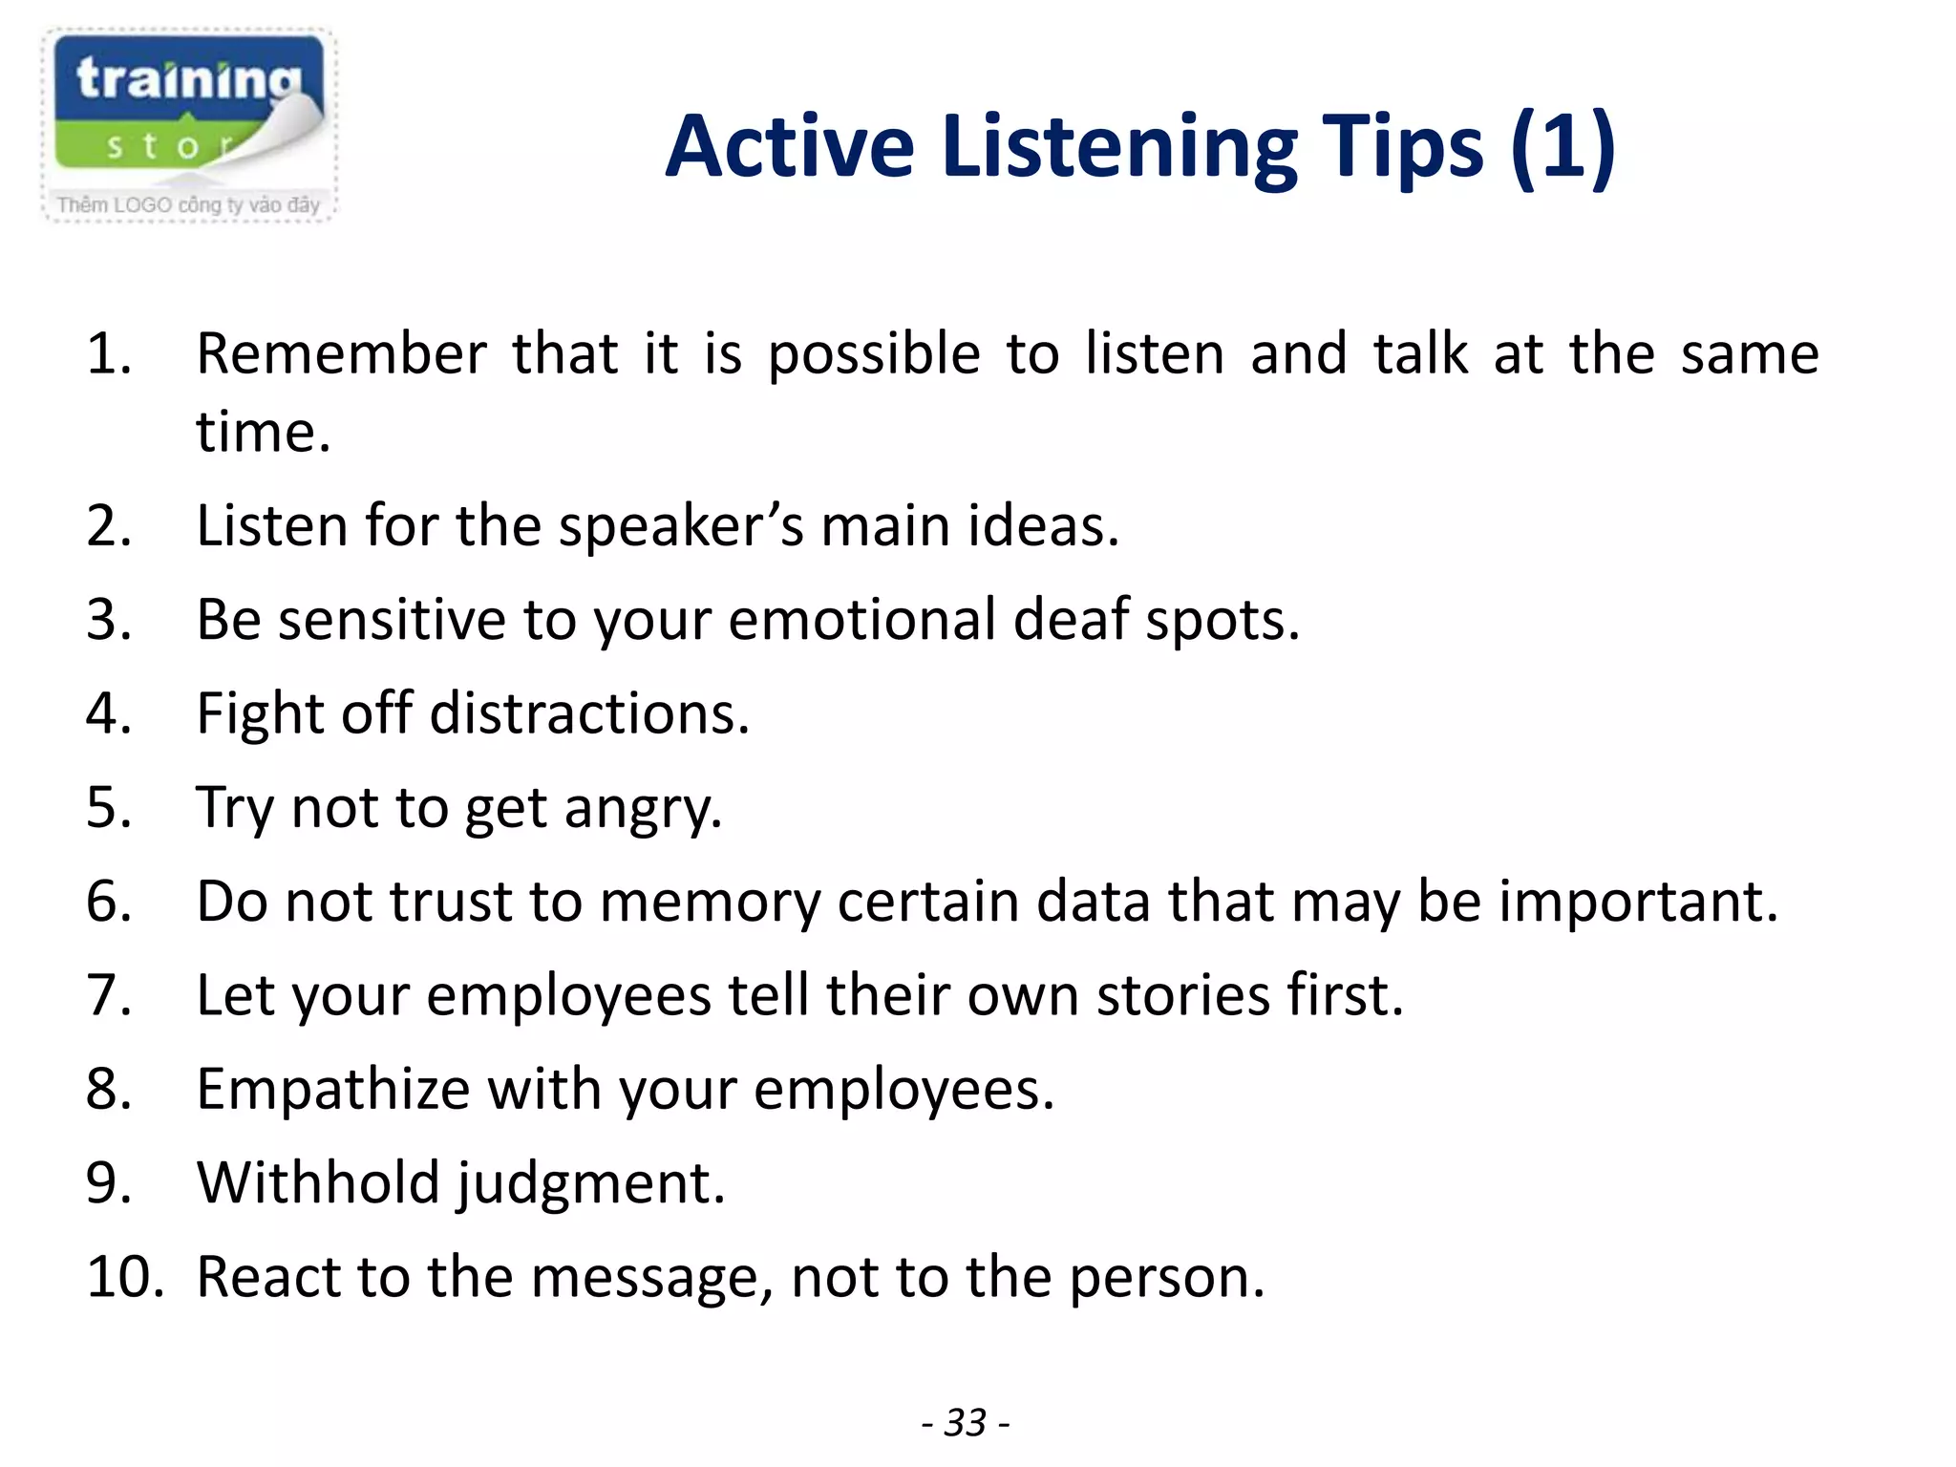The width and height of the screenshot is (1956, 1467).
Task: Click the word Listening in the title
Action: (x=1118, y=147)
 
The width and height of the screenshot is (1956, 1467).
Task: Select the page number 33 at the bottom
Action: (x=966, y=1422)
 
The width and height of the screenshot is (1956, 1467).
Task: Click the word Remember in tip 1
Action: (x=342, y=354)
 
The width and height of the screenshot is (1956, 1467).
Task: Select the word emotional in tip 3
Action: (x=861, y=620)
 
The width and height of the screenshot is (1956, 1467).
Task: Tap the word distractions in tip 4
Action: (x=589, y=713)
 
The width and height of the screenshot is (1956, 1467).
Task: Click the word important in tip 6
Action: (x=1637, y=902)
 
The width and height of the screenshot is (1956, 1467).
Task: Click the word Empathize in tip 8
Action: (x=333, y=1090)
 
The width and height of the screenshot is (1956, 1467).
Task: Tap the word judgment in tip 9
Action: (x=589, y=1184)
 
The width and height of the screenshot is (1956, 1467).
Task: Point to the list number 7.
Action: (x=108, y=995)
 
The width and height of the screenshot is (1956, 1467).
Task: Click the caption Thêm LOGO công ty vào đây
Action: (x=188, y=205)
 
